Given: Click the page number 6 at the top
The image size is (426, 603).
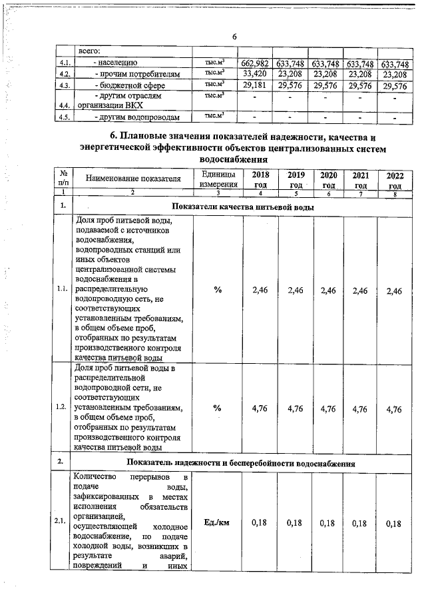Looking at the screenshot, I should point(234,36).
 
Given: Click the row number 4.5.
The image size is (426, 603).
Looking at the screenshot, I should point(65,118).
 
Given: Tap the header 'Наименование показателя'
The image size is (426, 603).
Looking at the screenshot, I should point(132,179).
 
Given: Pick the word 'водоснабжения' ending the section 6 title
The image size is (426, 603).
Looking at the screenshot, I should point(234,160).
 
